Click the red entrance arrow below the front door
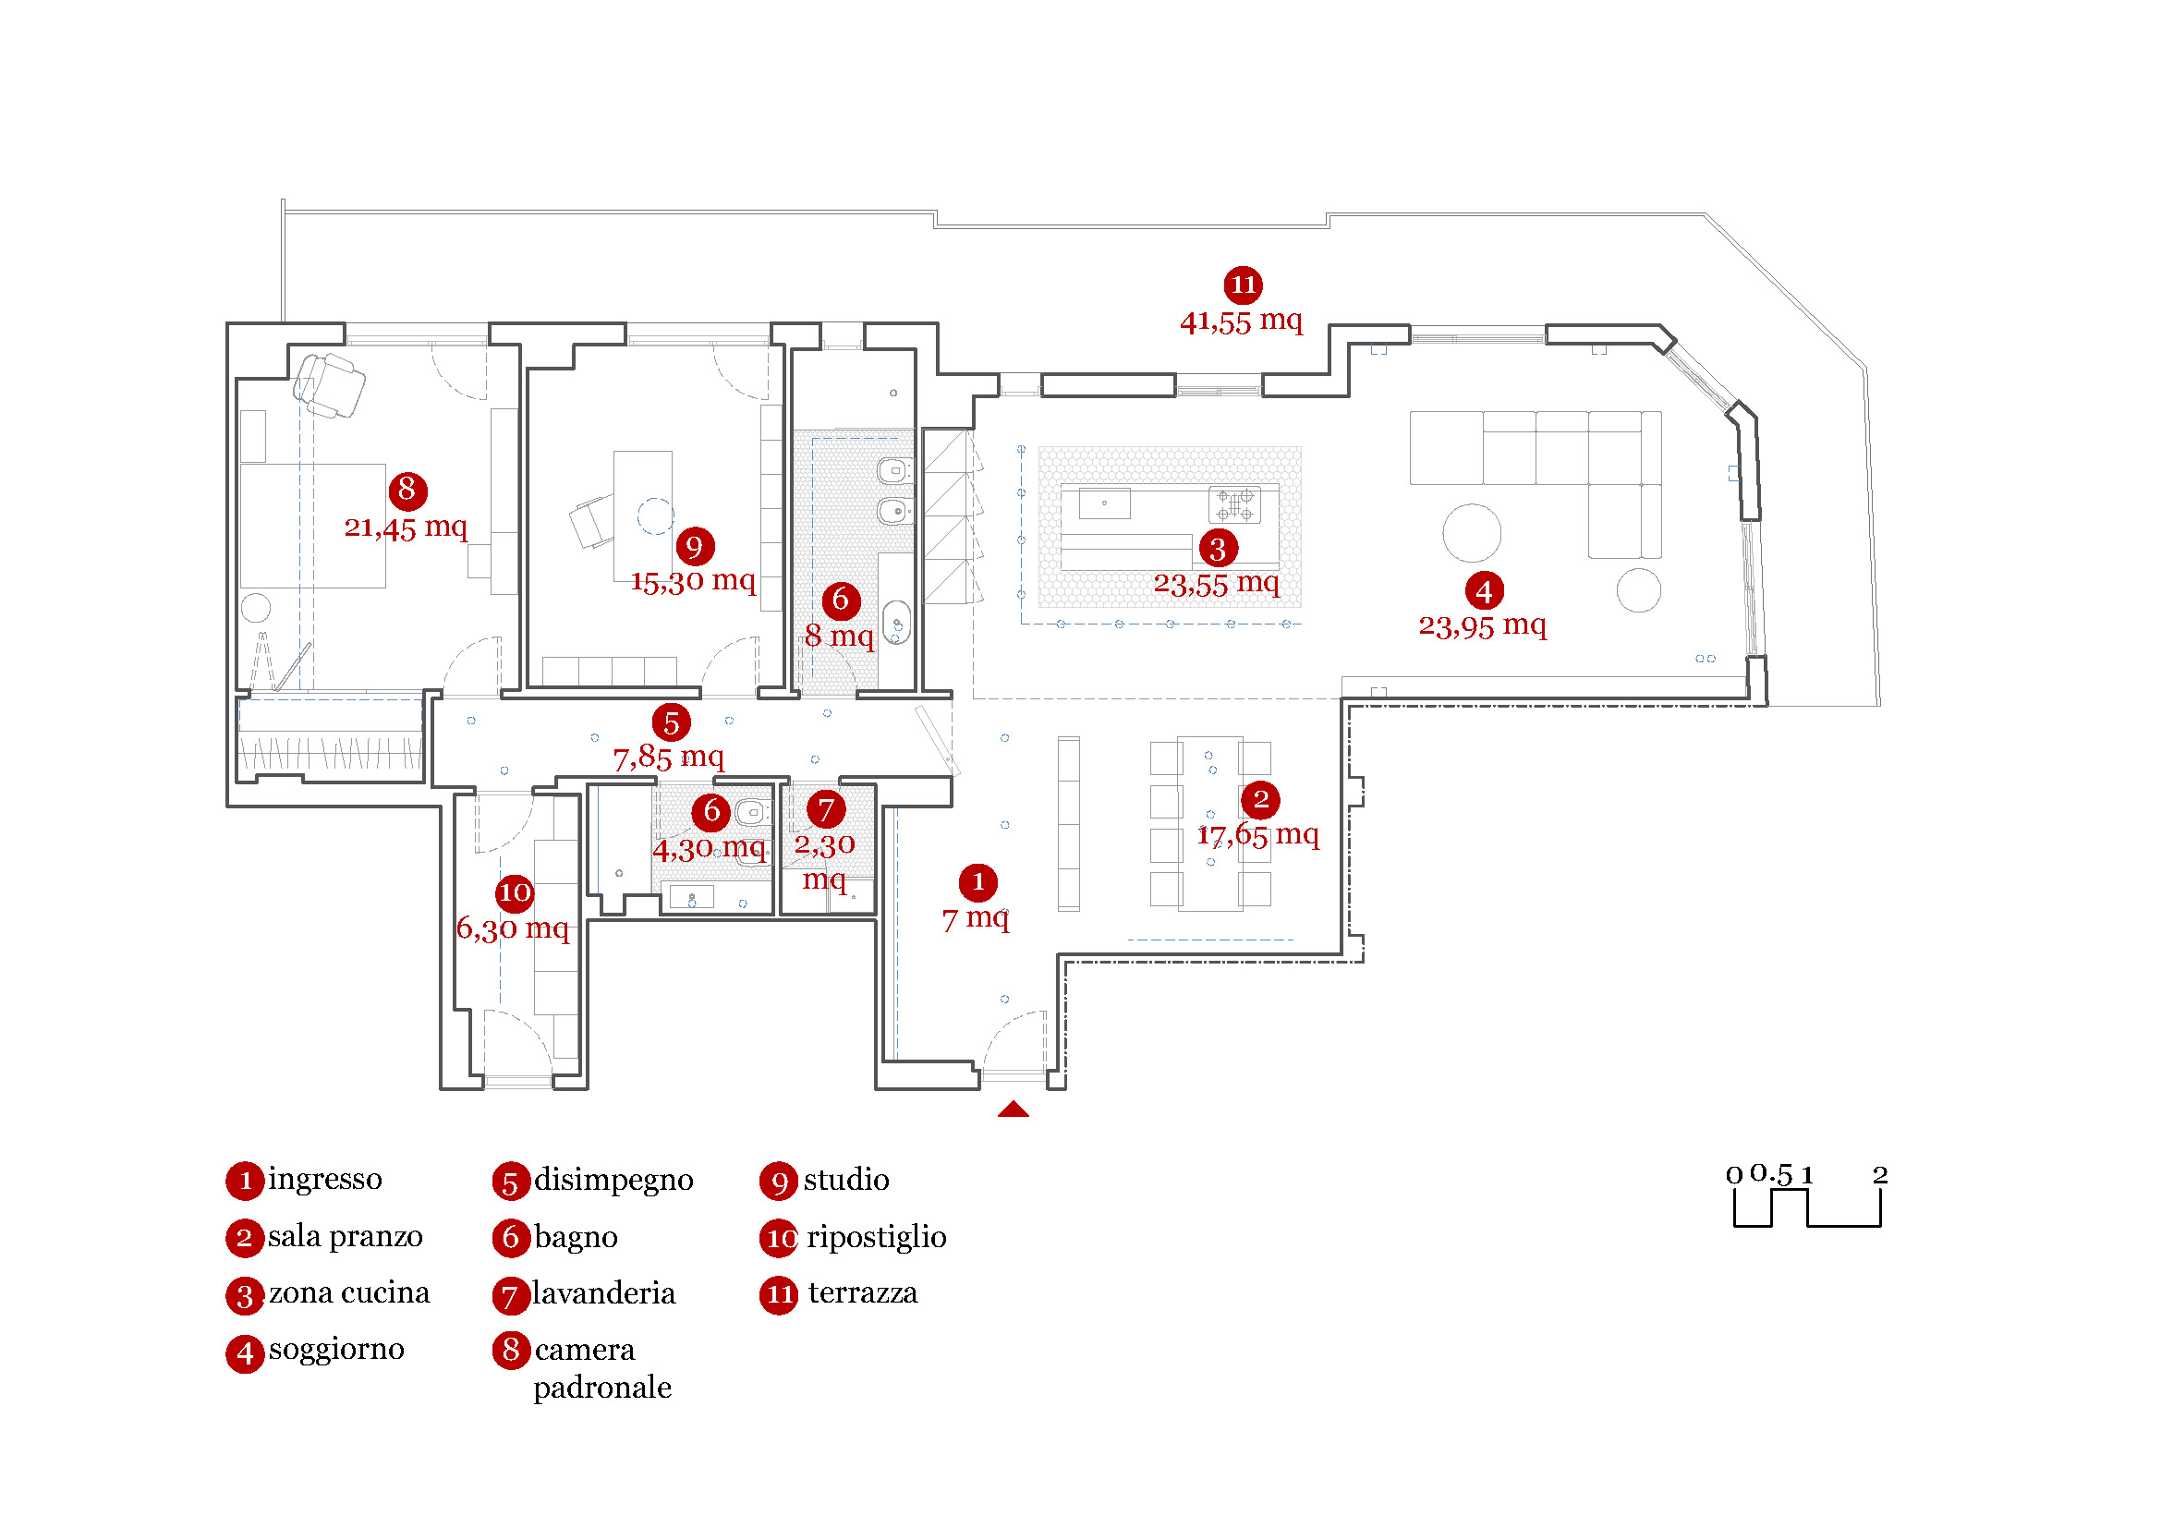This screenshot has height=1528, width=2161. (x=1013, y=1110)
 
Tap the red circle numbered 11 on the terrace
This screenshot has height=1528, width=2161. (x=1243, y=285)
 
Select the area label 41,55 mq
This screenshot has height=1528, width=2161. (x=1241, y=321)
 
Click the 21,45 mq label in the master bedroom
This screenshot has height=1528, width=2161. (x=405, y=527)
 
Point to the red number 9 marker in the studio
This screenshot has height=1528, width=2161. (x=695, y=546)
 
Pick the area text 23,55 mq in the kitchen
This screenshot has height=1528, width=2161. (x=1216, y=584)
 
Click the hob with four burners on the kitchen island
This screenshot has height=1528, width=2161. (x=1234, y=504)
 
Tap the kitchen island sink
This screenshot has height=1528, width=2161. (x=1104, y=503)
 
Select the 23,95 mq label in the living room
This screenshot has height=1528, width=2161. (x=1482, y=625)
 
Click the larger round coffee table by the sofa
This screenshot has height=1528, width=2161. (x=1471, y=532)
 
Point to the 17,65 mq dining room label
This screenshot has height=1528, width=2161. (x=1257, y=834)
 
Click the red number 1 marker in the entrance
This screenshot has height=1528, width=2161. (x=977, y=882)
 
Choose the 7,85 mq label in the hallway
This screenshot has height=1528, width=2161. (x=668, y=758)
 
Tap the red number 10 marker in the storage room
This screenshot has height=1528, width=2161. (x=515, y=892)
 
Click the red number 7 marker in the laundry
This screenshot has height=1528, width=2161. (x=825, y=809)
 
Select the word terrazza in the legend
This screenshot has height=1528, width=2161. (x=862, y=1292)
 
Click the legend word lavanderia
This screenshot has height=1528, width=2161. (x=603, y=1292)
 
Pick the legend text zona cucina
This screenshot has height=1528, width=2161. (x=349, y=1292)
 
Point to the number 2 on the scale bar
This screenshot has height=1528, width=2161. (x=1879, y=1174)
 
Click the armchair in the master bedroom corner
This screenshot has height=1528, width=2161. (x=329, y=385)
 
